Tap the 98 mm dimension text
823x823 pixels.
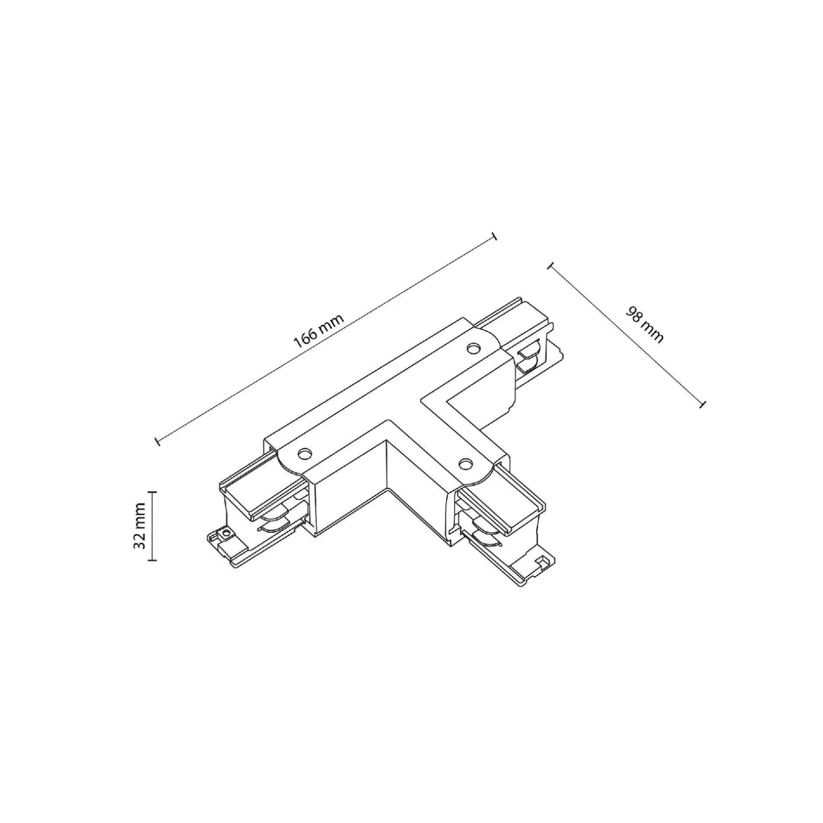[645, 325]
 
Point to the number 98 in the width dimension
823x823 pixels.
[635, 315]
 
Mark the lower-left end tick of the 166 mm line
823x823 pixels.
[157, 441]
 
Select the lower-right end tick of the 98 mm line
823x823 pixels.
[703, 404]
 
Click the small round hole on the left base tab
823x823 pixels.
[226, 533]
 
